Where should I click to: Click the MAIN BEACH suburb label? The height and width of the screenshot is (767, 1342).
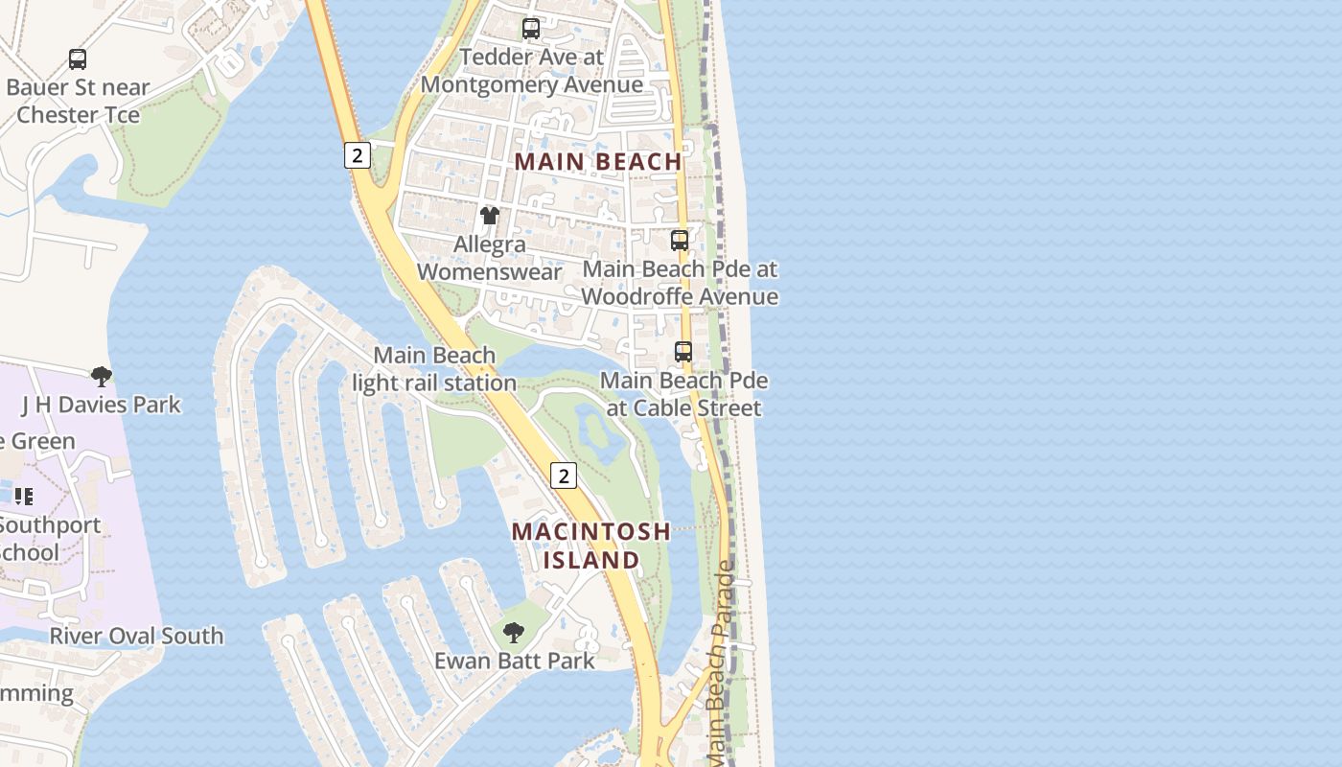(598, 161)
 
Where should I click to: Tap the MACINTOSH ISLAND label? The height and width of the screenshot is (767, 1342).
(591, 546)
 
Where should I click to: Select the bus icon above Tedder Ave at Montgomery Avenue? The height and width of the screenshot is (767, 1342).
(531, 29)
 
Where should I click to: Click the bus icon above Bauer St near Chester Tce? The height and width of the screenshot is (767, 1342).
(78, 59)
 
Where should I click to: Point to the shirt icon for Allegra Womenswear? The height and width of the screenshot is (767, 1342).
(490, 215)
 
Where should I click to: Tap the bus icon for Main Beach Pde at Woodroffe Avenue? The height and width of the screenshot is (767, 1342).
(680, 240)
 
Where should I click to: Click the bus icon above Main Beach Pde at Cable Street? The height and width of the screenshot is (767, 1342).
(683, 352)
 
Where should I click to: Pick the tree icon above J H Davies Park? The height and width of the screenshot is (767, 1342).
(101, 376)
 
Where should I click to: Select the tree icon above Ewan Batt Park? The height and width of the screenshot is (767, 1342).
(514, 632)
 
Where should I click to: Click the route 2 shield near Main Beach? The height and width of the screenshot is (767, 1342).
(357, 155)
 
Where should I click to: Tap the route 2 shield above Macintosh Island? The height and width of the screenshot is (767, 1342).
(564, 475)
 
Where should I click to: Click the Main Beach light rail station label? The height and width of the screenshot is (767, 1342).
(434, 369)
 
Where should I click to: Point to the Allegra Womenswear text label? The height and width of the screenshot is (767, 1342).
(490, 258)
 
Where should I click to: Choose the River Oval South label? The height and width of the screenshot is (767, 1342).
(136, 636)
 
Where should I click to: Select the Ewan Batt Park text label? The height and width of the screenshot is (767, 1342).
(515, 661)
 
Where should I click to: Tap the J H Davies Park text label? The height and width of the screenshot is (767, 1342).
(101, 405)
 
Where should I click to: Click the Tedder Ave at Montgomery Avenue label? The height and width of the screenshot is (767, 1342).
(532, 70)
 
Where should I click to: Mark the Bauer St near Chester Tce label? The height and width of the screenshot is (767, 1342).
(78, 101)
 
